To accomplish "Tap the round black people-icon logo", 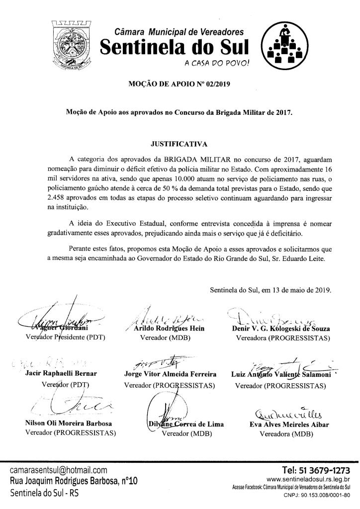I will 282,47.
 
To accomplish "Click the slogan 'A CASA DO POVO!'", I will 217,63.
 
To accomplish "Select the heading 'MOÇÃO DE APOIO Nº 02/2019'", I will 180,84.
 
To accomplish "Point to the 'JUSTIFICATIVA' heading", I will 179,144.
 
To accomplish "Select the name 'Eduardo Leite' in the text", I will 311,258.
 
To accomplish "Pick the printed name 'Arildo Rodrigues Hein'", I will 166,329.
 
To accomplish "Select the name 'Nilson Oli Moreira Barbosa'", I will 68,424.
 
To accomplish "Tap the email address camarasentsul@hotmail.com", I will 59,470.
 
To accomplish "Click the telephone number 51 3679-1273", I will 316,470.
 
